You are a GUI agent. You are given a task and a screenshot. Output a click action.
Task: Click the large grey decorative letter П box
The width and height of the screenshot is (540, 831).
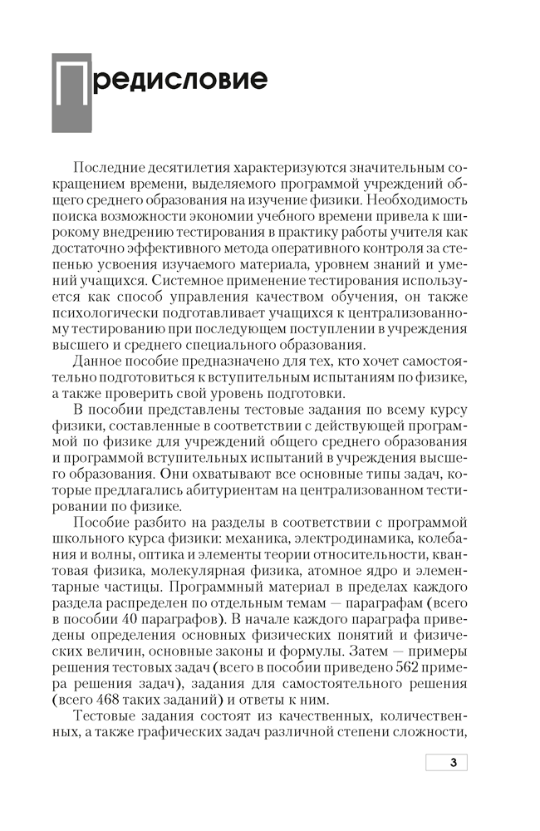[x=72, y=94]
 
